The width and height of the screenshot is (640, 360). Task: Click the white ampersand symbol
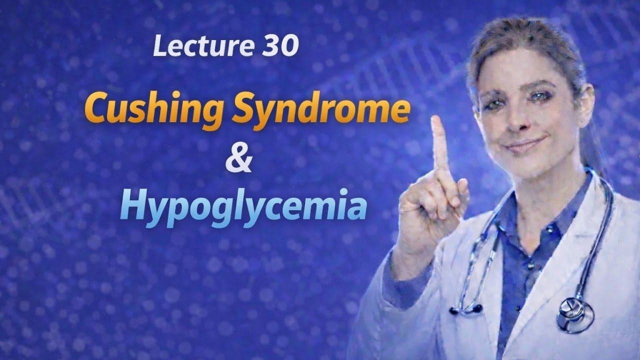pos(238,159)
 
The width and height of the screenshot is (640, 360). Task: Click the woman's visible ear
pos(584,100)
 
